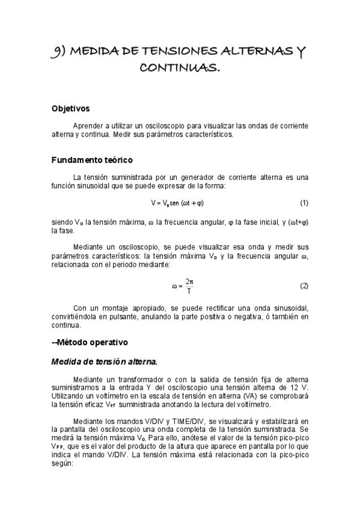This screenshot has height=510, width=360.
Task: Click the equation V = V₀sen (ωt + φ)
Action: click(x=181, y=202)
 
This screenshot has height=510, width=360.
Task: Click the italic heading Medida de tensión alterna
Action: click(x=104, y=361)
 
